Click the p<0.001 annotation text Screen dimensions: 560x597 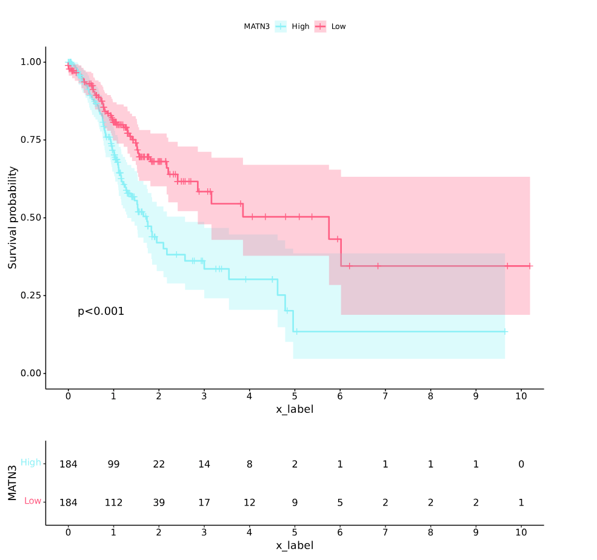point(101,312)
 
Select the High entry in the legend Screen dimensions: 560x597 point(300,27)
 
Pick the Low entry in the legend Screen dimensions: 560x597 point(338,27)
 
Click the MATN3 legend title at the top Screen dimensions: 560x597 point(256,27)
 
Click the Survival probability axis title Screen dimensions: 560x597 point(13,217)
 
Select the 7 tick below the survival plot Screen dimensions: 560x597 point(385,397)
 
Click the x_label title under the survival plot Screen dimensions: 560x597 point(295,410)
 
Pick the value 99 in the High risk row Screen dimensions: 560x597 point(113,464)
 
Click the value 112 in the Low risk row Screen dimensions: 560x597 point(113,502)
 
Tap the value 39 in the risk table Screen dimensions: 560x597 point(159,502)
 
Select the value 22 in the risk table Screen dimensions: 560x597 point(159,464)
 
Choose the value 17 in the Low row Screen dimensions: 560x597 point(204,502)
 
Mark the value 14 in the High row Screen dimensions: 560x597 point(204,464)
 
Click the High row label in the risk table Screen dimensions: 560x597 point(31,463)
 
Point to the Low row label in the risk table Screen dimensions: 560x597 point(33,501)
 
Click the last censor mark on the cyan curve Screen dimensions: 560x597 point(505,332)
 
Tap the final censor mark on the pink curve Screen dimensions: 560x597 point(530,266)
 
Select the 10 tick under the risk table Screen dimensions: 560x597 point(521,533)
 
